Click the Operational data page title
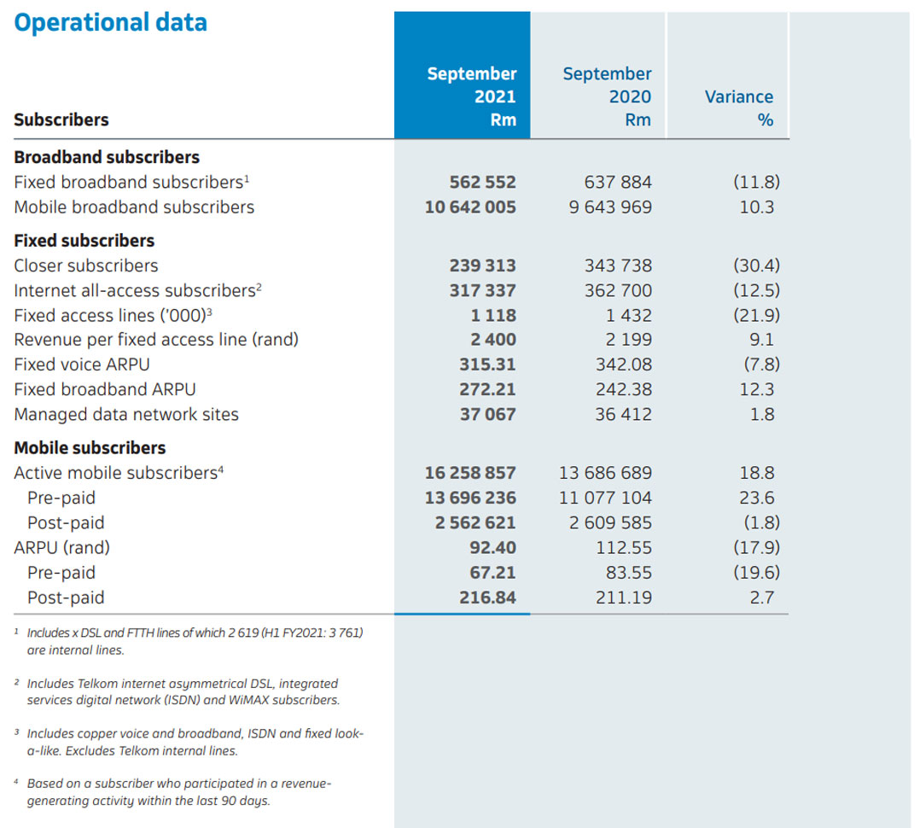point(110,22)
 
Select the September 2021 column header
point(472,96)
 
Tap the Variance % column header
point(739,108)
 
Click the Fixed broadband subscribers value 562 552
point(482,182)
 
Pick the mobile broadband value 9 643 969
point(610,207)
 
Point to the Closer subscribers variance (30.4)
point(756,265)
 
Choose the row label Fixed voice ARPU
point(82,364)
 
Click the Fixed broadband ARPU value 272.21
point(487,389)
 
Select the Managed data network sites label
point(126,414)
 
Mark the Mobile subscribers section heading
point(90,447)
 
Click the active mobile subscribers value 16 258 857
point(470,473)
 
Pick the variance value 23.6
point(758,498)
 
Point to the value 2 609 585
point(610,522)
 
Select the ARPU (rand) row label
point(62,547)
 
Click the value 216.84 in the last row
point(487,598)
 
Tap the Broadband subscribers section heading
point(107,157)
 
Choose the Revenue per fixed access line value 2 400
point(495,340)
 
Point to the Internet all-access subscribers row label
point(137,290)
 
